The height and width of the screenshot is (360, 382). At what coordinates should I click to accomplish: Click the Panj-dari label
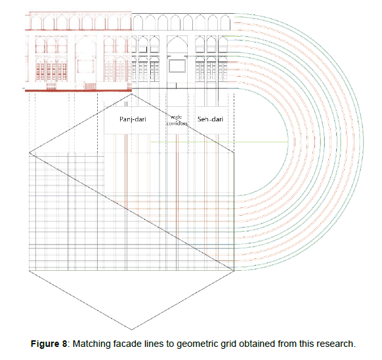[x=133, y=119]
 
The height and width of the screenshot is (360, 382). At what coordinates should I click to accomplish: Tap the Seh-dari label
[x=210, y=119]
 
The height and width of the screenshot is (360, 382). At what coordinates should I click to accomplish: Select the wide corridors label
[x=177, y=120]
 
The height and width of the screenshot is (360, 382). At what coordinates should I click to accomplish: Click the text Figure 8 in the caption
[x=49, y=344]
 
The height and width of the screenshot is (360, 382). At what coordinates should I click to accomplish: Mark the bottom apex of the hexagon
[x=131, y=330]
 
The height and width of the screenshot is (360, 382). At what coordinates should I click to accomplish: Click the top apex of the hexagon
[x=131, y=94]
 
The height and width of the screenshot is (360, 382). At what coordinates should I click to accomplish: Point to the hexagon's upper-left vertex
[x=30, y=153]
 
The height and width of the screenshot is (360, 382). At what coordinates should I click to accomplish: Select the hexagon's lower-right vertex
[x=234, y=271]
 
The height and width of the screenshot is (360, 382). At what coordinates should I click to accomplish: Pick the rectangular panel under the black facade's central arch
[x=177, y=66]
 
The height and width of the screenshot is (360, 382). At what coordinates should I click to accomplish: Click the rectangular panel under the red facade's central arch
[x=85, y=66]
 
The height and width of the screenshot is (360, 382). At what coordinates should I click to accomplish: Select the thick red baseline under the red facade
[x=79, y=90]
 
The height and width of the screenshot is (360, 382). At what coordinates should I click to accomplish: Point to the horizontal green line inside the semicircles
[x=219, y=142]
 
